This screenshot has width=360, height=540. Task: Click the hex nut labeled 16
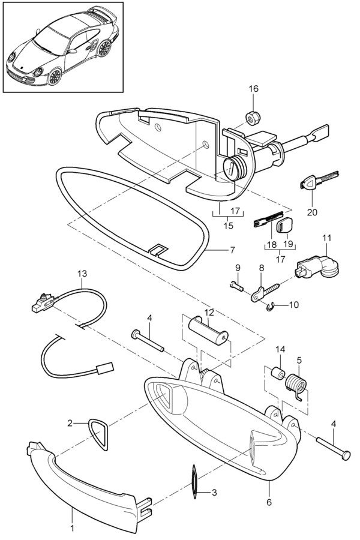pos(253,115)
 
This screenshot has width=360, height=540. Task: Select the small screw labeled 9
pos(236,287)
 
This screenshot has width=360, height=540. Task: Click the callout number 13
pos(82,273)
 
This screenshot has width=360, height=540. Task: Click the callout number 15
pos(227,225)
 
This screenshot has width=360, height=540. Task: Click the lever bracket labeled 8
pos(259,292)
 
